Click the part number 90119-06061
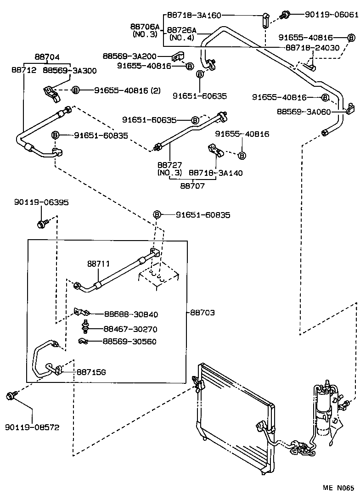pyautogui.click(x=331, y=15)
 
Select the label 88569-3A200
pyautogui.click(x=129, y=56)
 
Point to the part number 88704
pyautogui.click(x=47, y=57)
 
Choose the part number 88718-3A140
pyautogui.click(x=216, y=173)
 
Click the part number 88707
pyautogui.click(x=192, y=186)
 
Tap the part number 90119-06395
pyautogui.click(x=41, y=202)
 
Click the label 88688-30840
pyautogui.click(x=130, y=314)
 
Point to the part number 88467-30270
pyautogui.click(x=130, y=329)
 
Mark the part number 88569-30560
pyautogui.click(x=130, y=341)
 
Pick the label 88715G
pyautogui.click(x=91, y=372)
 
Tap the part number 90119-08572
pyautogui.click(x=33, y=427)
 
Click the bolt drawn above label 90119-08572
pyautogui.click(x=11, y=395)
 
